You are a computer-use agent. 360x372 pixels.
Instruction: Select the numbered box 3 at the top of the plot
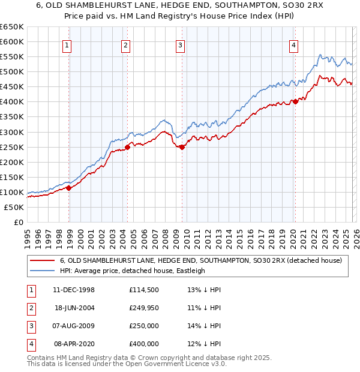pos(180,44)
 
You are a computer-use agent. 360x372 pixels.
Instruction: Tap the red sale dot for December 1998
pos(69,188)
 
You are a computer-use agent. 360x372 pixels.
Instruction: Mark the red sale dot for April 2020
pos(295,101)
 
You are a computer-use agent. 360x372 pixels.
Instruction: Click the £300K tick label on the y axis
pos(12,132)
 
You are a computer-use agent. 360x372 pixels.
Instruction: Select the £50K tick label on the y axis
pos(14,207)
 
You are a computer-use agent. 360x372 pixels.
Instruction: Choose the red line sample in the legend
pos(42,260)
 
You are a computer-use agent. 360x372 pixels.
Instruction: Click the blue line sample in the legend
pos(42,271)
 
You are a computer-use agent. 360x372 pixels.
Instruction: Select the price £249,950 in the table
pos(143,308)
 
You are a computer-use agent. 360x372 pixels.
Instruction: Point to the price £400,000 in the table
pos(143,344)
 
